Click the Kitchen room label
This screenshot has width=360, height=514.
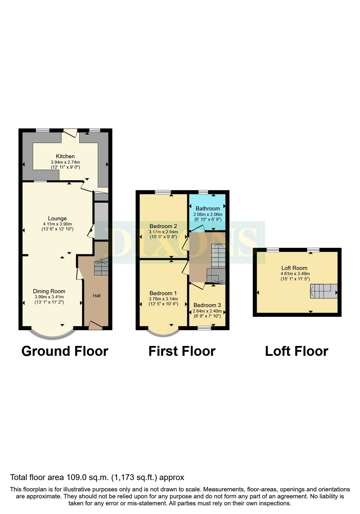tap(65, 156)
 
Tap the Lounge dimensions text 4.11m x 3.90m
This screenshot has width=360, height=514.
tap(57, 224)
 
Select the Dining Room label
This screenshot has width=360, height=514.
tap(49, 291)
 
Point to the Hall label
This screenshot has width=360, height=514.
tap(97, 295)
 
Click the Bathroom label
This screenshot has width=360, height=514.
tap(208, 208)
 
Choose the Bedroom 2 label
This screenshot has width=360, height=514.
tap(163, 226)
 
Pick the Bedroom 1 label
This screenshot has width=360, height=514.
tap(163, 293)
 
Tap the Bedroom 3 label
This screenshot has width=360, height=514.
tap(207, 305)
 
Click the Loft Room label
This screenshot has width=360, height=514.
tap(294, 268)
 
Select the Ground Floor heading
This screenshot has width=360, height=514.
tap(65, 351)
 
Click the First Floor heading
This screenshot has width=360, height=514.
tap(182, 351)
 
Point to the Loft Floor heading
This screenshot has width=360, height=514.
tap(296, 351)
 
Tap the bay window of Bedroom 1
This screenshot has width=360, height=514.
tap(163, 333)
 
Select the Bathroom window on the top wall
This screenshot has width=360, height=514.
tap(203, 192)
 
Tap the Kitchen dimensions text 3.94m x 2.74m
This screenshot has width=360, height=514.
tap(65, 162)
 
